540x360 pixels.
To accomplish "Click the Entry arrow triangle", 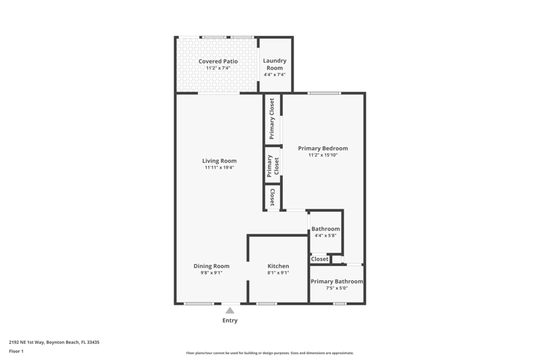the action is (x=230, y=311).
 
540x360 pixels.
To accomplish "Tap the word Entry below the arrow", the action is (x=230, y=320).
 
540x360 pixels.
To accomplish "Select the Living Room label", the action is (x=219, y=161).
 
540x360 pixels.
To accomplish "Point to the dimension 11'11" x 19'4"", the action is (x=219, y=168).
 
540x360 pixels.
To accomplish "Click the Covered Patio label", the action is (x=218, y=61).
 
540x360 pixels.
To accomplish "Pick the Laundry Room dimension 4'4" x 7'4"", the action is (x=275, y=74).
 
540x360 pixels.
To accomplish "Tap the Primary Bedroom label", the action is (x=323, y=148).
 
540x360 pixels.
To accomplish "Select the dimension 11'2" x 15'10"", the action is (x=323, y=155).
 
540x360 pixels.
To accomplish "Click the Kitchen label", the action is (x=278, y=266).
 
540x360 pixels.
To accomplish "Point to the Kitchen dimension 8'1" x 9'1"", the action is (x=278, y=273).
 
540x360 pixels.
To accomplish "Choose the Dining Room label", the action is (x=211, y=266).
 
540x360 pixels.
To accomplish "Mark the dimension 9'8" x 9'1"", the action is (x=211, y=273).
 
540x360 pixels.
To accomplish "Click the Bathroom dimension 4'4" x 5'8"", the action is (x=325, y=236).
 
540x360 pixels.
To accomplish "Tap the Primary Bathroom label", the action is (x=337, y=282).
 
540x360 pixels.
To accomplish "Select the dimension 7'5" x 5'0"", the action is (x=337, y=288).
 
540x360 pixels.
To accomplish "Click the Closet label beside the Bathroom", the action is (x=319, y=259).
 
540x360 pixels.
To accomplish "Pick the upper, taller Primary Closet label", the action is (x=272, y=119).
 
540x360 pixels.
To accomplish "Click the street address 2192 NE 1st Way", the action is (x=26, y=342).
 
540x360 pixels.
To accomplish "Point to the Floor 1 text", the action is (x=16, y=351).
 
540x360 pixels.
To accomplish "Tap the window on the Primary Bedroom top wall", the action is (x=324, y=93).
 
